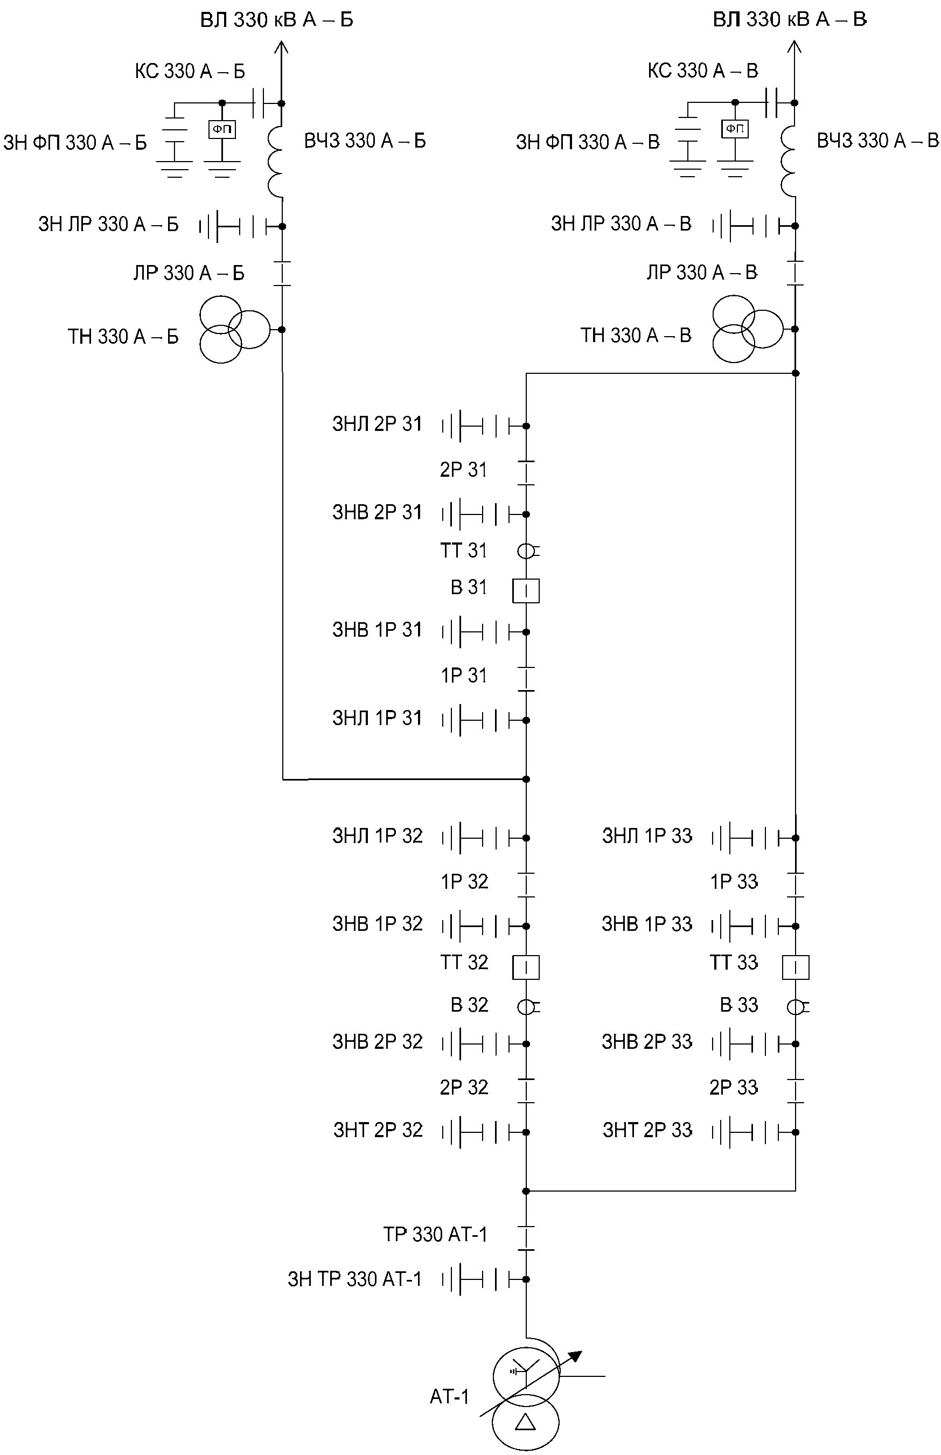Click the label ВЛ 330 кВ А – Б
(277, 20)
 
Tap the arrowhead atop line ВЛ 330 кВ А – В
(794, 47)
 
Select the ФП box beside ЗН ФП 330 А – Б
(222, 129)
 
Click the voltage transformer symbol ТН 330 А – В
(747, 329)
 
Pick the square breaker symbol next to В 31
(526, 591)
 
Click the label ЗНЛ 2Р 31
(377, 424)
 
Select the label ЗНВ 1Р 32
(377, 923)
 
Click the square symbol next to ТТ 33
(796, 967)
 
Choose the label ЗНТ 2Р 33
(647, 1130)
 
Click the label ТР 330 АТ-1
(435, 1234)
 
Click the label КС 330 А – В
(703, 71)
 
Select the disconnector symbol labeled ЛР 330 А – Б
(282, 273)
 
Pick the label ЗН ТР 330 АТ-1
(354, 1279)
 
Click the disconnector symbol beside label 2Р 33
(796, 1091)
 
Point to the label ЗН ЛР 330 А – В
(621, 224)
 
